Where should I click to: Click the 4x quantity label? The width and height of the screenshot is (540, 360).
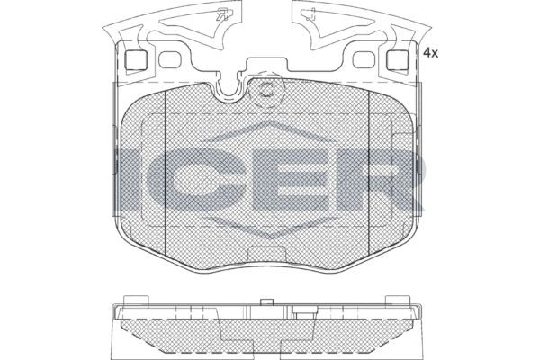[430, 53]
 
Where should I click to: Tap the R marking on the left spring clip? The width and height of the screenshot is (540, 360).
[224, 14]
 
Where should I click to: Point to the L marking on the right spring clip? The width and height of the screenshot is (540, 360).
[310, 14]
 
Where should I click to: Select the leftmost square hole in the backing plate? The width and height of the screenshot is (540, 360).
[136, 60]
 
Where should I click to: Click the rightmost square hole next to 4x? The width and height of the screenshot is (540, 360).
[398, 60]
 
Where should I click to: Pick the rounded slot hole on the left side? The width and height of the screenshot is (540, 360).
[170, 60]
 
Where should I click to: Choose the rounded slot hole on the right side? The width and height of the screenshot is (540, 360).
[364, 60]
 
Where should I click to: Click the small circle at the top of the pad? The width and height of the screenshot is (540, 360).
[266, 90]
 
